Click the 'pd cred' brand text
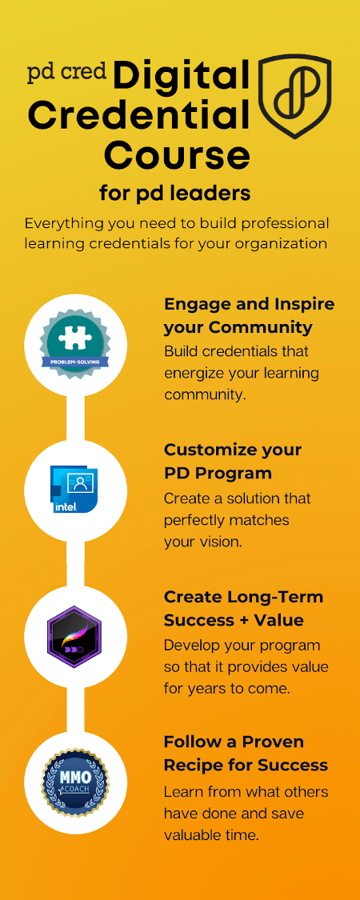68,73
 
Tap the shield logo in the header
295,96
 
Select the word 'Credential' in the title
139,116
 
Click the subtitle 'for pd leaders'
175,194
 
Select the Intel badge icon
74,490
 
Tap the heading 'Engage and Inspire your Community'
249,315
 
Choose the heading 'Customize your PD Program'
233,461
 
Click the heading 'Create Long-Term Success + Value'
243,608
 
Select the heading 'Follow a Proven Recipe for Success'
246,753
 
